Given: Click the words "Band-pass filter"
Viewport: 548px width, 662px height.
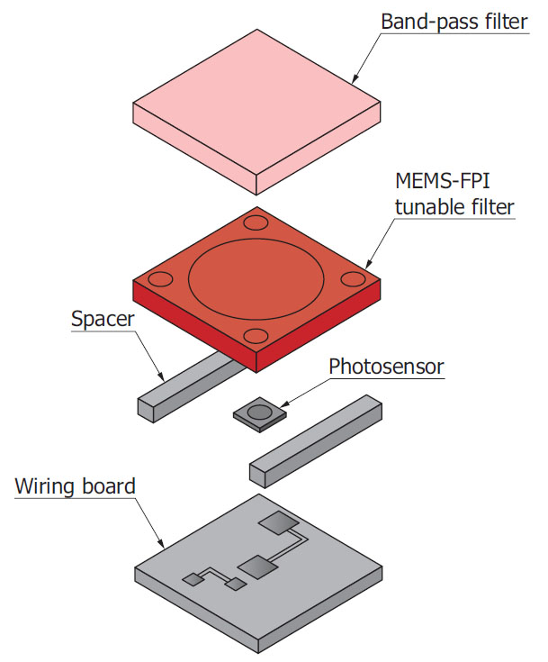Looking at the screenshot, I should (x=454, y=21).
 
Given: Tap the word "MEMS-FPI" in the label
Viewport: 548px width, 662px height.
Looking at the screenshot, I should (x=434, y=182).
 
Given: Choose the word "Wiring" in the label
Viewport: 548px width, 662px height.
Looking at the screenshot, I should (x=46, y=487).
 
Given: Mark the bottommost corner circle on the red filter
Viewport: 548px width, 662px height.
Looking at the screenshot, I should (x=256, y=337).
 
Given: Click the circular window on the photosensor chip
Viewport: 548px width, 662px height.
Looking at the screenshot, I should (x=257, y=412).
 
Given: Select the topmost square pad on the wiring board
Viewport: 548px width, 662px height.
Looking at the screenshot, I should (x=276, y=521).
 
